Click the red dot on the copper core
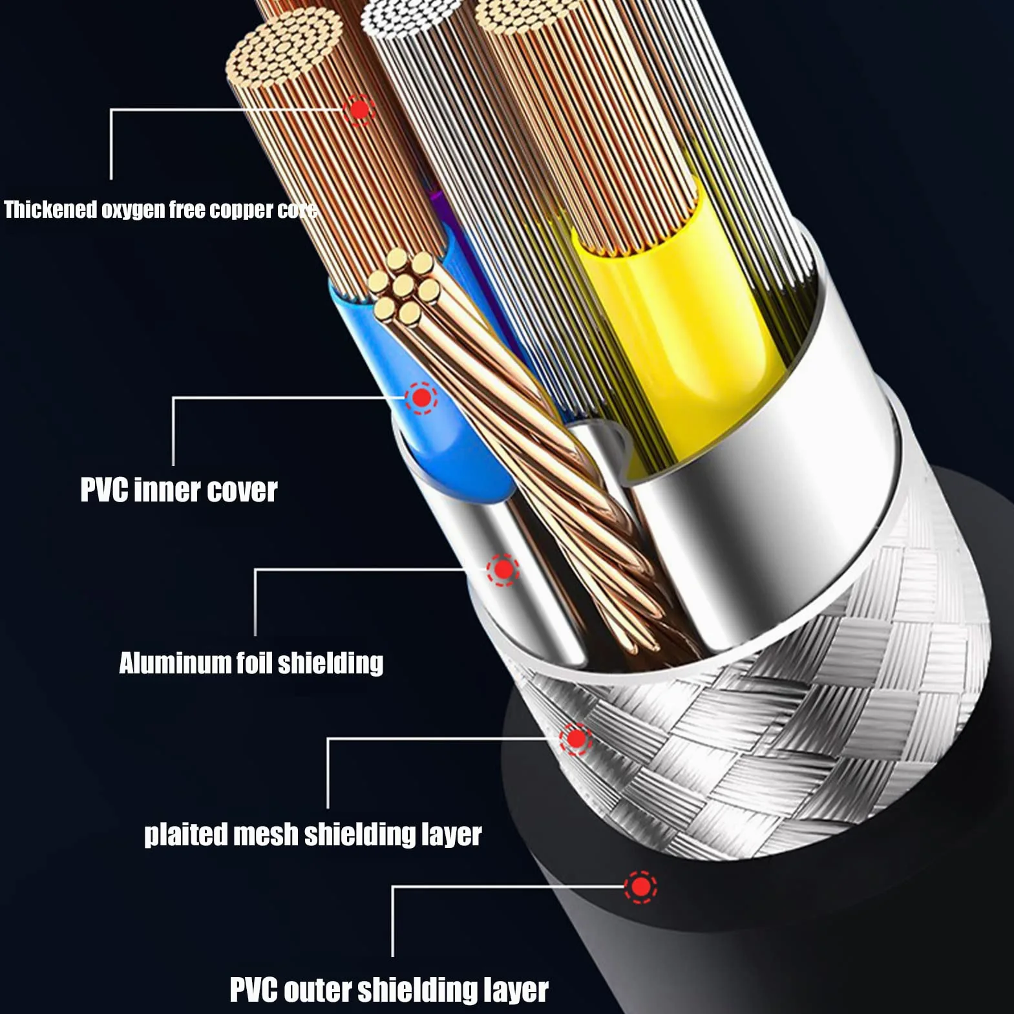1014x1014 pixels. tap(359, 109)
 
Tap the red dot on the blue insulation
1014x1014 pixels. tap(421, 397)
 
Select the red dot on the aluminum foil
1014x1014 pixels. tap(503, 569)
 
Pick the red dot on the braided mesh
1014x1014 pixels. tap(575, 739)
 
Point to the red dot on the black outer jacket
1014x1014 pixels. tap(640, 886)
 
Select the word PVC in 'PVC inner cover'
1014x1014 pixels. tap(104, 490)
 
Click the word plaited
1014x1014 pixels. tap(185, 834)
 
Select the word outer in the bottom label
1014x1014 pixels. tap(318, 990)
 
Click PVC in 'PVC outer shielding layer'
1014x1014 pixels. tap(254, 990)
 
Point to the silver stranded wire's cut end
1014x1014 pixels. tap(411, 17)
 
